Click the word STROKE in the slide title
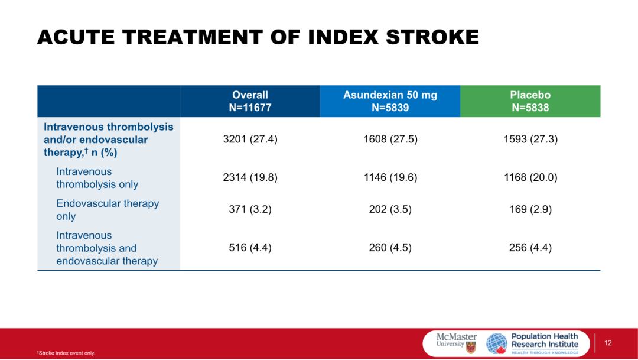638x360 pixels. (x=432, y=37)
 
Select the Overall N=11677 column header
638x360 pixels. (x=250, y=101)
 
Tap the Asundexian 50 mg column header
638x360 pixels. (x=390, y=101)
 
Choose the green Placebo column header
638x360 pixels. (x=530, y=101)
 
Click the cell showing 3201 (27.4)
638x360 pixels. (x=250, y=140)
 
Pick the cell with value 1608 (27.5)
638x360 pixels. (x=390, y=140)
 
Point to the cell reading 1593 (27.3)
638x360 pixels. (x=530, y=140)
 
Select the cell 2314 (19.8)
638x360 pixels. (x=250, y=177)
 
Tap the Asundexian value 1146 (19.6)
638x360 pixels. (x=390, y=177)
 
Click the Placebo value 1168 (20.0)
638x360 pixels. (x=530, y=177)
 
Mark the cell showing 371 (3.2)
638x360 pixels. (x=250, y=209)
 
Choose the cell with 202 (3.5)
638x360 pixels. (x=390, y=209)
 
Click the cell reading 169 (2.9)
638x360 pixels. (x=530, y=209)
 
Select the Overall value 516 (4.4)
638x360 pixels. (x=250, y=248)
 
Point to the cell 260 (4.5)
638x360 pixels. (x=390, y=248)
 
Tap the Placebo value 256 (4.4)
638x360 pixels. (x=530, y=248)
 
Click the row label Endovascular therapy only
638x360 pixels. (x=108, y=210)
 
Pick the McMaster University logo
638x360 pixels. (x=457, y=343)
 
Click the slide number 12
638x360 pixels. (x=608, y=343)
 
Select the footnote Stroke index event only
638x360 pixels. (x=66, y=353)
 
